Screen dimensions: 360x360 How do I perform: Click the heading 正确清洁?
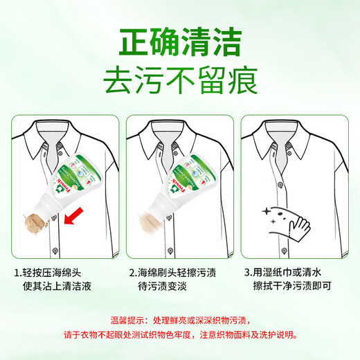click(180, 42)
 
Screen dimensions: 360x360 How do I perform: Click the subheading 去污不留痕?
click(180, 80)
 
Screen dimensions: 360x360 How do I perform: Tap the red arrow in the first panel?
click(73, 216)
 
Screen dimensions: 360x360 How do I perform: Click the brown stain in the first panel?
click(35, 224)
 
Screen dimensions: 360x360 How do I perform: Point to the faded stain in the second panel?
click(150, 222)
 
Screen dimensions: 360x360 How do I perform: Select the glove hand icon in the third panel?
click(299, 228)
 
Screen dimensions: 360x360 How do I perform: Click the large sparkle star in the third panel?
click(267, 211)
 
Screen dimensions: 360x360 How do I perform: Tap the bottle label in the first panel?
click(78, 175)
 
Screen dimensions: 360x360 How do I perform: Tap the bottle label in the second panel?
click(191, 175)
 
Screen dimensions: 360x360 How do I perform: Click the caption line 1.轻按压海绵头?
click(48, 273)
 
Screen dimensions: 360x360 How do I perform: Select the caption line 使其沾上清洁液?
click(57, 286)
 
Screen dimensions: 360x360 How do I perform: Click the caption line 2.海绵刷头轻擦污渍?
click(172, 273)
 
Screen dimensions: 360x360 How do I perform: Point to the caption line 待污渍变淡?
click(162, 286)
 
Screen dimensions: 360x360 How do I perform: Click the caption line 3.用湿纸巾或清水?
click(282, 272)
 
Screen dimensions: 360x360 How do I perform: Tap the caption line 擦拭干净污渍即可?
click(292, 286)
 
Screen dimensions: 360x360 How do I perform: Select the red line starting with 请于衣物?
click(181, 334)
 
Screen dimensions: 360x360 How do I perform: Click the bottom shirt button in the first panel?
click(55, 251)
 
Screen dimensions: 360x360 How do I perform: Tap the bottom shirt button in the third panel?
click(285, 251)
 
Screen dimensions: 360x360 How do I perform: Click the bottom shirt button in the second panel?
click(170, 251)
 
